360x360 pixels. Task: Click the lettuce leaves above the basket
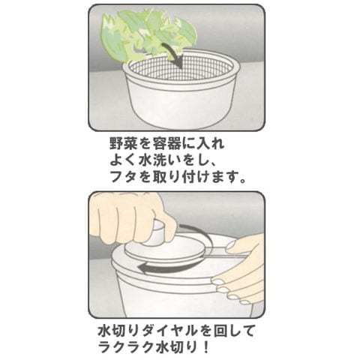tap(148, 35)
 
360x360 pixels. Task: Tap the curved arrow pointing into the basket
tap(175, 54)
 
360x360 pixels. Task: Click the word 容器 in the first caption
tap(175, 144)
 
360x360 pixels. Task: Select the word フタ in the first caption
tap(124, 177)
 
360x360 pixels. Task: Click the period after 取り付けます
tap(241, 181)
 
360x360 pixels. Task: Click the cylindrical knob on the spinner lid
tap(157, 232)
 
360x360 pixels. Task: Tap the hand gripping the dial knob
tap(133, 219)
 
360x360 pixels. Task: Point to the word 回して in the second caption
tap(234, 331)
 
